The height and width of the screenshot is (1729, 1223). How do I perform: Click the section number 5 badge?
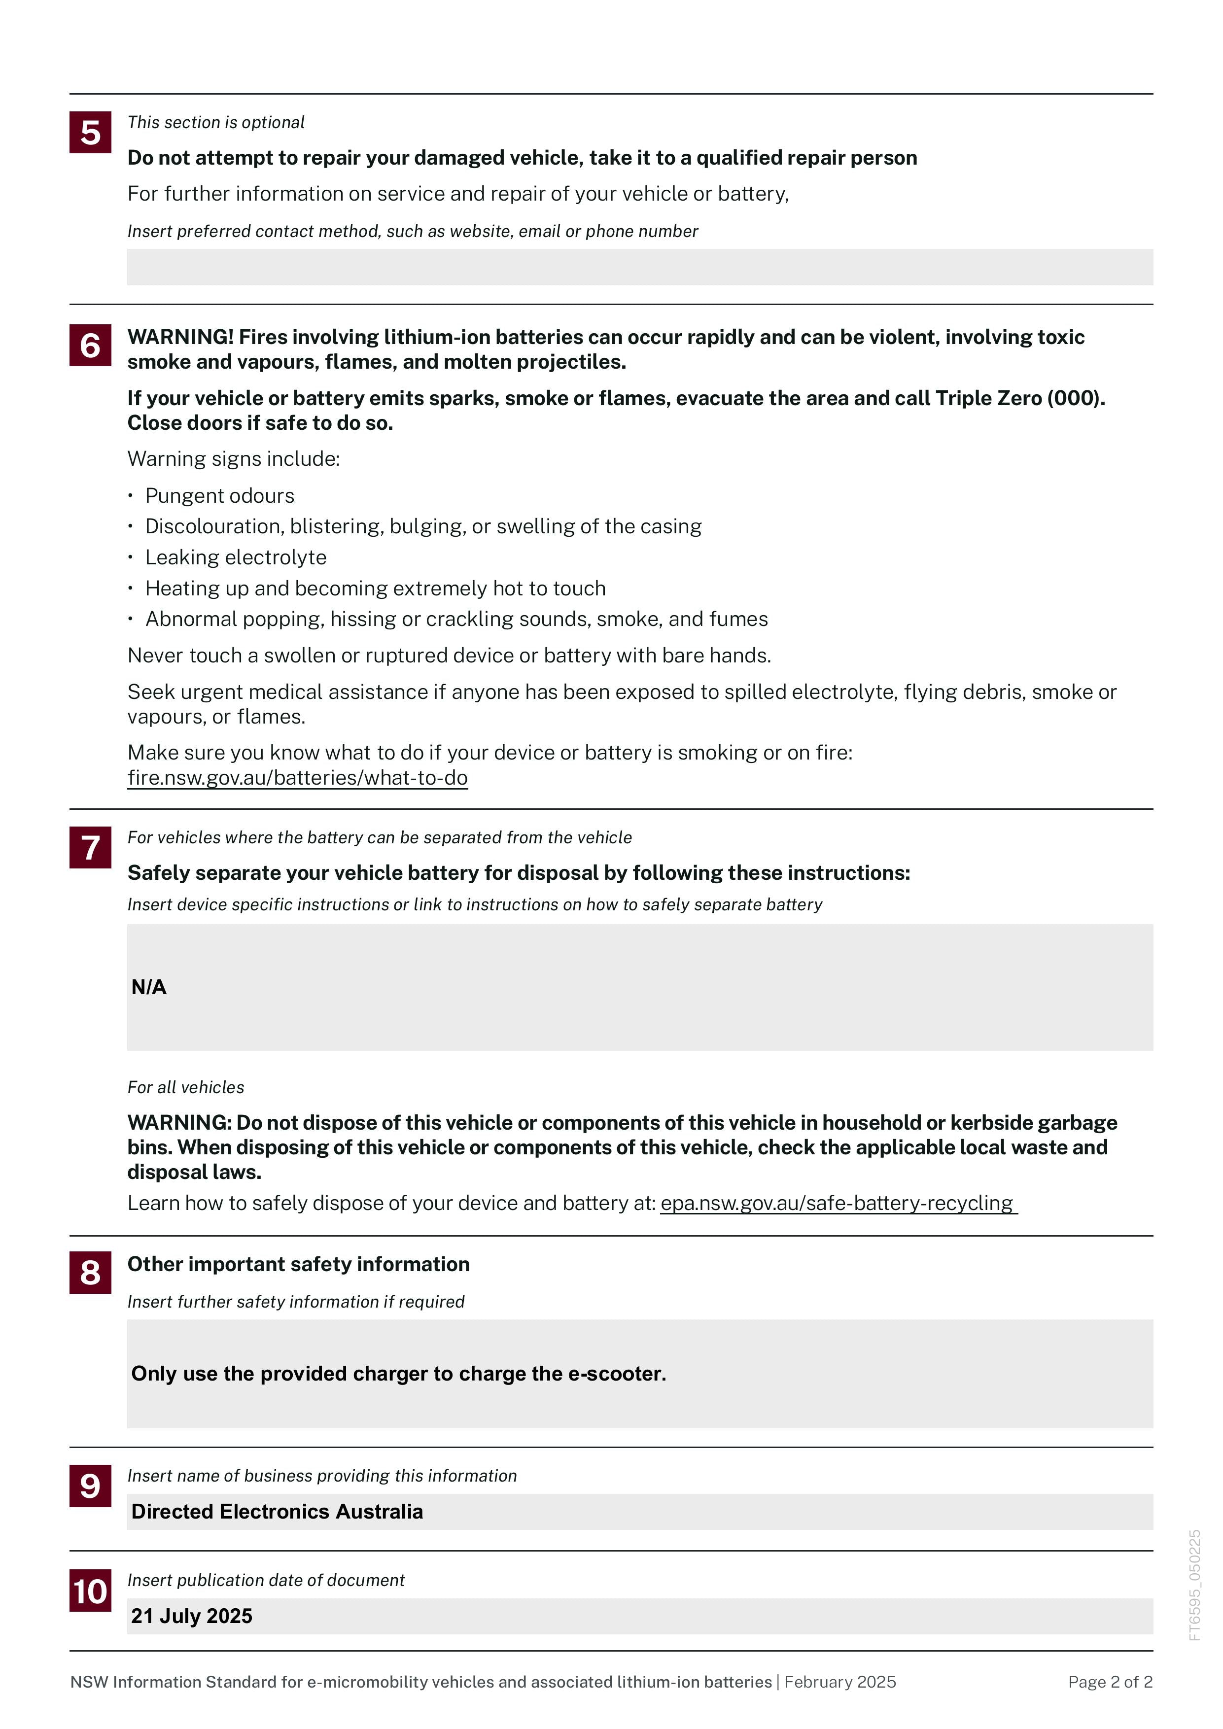coord(90,133)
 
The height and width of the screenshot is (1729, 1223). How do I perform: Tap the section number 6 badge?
coord(90,346)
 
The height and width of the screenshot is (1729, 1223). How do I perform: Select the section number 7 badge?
coord(90,847)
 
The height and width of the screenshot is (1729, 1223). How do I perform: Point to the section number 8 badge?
coord(90,1273)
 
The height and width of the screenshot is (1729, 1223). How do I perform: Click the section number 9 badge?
coord(90,1486)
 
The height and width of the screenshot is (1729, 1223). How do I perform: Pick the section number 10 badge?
coord(90,1591)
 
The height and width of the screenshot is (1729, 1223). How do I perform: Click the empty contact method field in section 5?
coord(639,267)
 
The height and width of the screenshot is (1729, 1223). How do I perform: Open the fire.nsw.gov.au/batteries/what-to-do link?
coord(297,778)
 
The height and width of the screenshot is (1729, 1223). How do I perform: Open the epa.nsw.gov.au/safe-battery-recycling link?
coord(838,1204)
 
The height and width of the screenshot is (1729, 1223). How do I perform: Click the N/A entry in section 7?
coord(149,987)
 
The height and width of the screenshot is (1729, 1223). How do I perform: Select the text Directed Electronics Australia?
coord(277,1511)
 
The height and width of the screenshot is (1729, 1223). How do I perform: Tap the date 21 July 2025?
coord(192,1616)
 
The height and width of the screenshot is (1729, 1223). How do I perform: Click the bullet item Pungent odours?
coord(219,495)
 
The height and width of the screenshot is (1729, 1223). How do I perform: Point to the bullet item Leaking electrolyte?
coord(236,557)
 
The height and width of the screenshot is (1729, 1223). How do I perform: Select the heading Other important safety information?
coord(298,1264)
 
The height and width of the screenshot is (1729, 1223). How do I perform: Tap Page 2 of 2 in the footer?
coord(1110,1682)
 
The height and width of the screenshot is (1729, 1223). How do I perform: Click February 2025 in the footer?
coord(839,1682)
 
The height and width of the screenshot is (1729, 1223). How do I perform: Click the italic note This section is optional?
coord(216,123)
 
